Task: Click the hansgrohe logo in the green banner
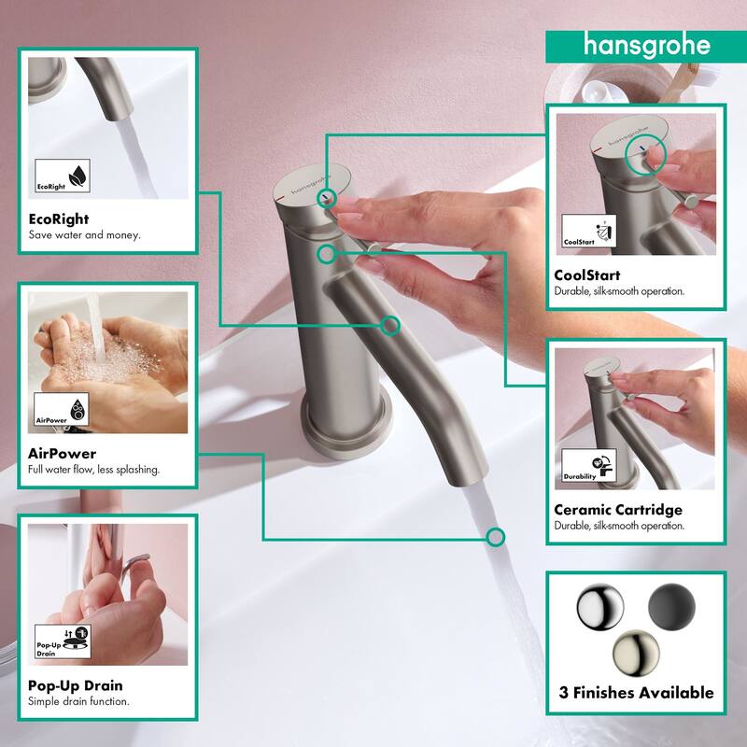[646, 47]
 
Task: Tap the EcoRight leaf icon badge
[63, 176]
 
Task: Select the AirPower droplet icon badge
[62, 409]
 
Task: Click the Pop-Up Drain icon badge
[63, 641]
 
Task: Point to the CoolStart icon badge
[589, 231]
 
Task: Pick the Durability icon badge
[589, 465]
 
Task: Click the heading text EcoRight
[59, 219]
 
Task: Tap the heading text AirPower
[62, 454]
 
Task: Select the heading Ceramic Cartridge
[618, 510]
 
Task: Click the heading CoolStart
[587, 275]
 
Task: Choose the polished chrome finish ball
[599, 607]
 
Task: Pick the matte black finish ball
[671, 607]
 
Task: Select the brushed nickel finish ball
[636, 654]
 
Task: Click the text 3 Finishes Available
[637, 693]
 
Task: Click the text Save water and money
[84, 235]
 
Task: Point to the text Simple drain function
[78, 701]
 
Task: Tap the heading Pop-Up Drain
[76, 685]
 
